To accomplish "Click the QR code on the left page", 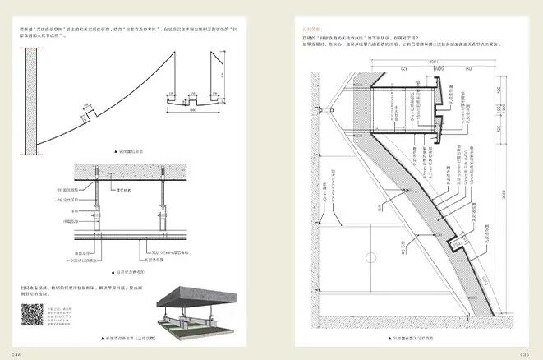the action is click(32, 316).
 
